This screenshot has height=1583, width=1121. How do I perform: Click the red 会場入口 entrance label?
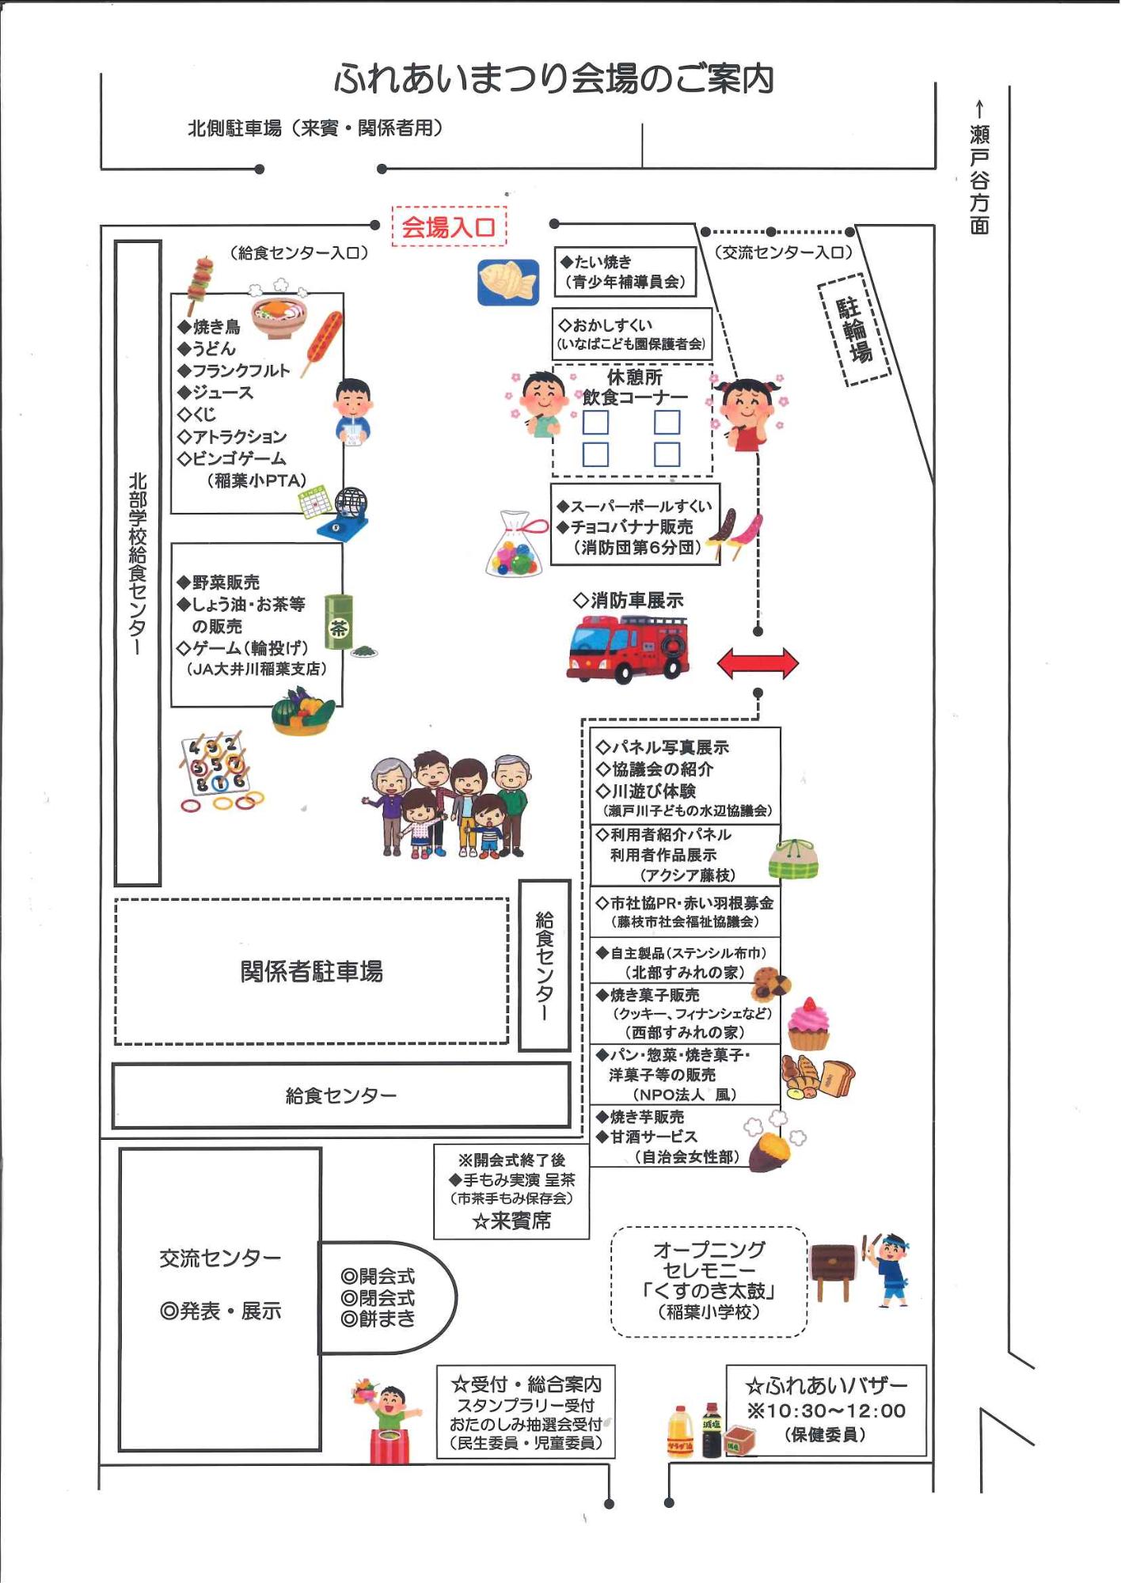click(x=448, y=227)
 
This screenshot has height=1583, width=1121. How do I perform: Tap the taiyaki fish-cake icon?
click(x=508, y=283)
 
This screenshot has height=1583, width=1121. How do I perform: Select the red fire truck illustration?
click(x=628, y=649)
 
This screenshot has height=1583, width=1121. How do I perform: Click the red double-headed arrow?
click(x=758, y=663)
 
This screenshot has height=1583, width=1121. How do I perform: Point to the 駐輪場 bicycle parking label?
click(x=854, y=330)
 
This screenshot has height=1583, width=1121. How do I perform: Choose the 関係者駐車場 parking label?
click(x=311, y=971)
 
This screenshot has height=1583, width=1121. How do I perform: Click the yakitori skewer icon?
click(x=200, y=284)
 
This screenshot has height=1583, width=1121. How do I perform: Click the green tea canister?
click(x=339, y=622)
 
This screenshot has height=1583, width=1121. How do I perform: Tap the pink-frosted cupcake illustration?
click(x=808, y=1024)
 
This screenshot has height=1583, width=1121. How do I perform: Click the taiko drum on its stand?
click(x=834, y=1271)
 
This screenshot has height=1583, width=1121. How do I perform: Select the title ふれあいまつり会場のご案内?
click(x=553, y=78)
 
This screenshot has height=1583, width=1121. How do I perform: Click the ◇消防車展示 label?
click(x=628, y=601)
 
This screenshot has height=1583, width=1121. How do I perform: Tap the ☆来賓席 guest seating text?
click(x=511, y=1221)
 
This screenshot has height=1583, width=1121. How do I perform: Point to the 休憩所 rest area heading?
click(x=634, y=378)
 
